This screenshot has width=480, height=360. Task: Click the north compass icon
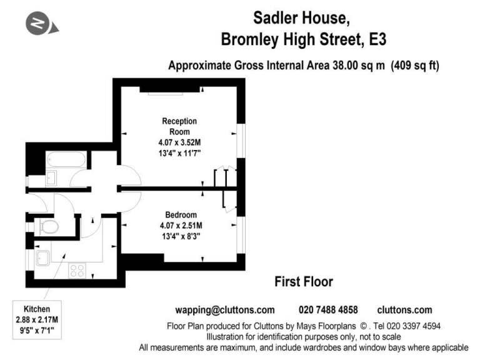(42, 23)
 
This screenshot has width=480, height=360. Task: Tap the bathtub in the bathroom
(66, 160)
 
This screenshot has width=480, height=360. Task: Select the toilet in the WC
(49, 227)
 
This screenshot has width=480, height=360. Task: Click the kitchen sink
(43, 258)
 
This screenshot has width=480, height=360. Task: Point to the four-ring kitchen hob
(77, 271)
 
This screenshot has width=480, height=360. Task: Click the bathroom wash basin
(51, 178)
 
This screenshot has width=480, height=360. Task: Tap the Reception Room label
(179, 126)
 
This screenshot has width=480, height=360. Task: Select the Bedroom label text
(181, 215)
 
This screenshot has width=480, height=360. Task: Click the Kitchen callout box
(37, 320)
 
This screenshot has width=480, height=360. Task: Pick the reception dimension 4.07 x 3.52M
(180, 142)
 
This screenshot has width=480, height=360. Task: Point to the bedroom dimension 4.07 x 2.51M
(181, 226)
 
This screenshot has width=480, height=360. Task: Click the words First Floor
(304, 282)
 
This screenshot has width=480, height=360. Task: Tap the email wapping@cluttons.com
(225, 310)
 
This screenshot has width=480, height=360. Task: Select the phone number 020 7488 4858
(328, 310)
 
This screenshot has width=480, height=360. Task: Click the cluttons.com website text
(405, 310)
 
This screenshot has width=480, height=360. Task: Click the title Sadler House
(301, 18)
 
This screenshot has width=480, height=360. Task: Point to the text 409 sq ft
(415, 66)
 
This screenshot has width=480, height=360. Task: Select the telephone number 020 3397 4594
(414, 326)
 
